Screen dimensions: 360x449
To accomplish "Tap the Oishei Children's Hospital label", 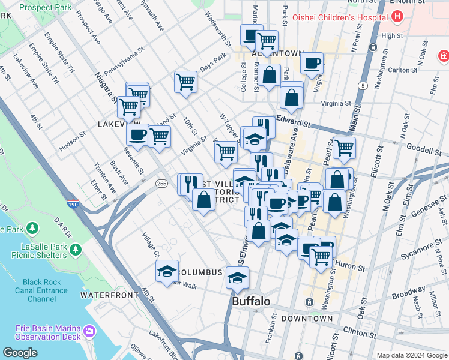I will point(339,17).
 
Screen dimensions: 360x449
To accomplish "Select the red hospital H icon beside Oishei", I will point(396,17).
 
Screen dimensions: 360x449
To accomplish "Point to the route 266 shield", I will point(161,183).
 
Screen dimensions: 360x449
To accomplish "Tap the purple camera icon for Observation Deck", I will point(89,331).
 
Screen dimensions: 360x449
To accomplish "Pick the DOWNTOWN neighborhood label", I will point(306,319).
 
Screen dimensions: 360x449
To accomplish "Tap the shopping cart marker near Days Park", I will point(185,81).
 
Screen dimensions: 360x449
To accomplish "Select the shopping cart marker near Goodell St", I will point(343,148).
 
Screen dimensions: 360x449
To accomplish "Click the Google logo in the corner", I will point(20,353).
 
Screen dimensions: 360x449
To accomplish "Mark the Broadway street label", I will point(409,292).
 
